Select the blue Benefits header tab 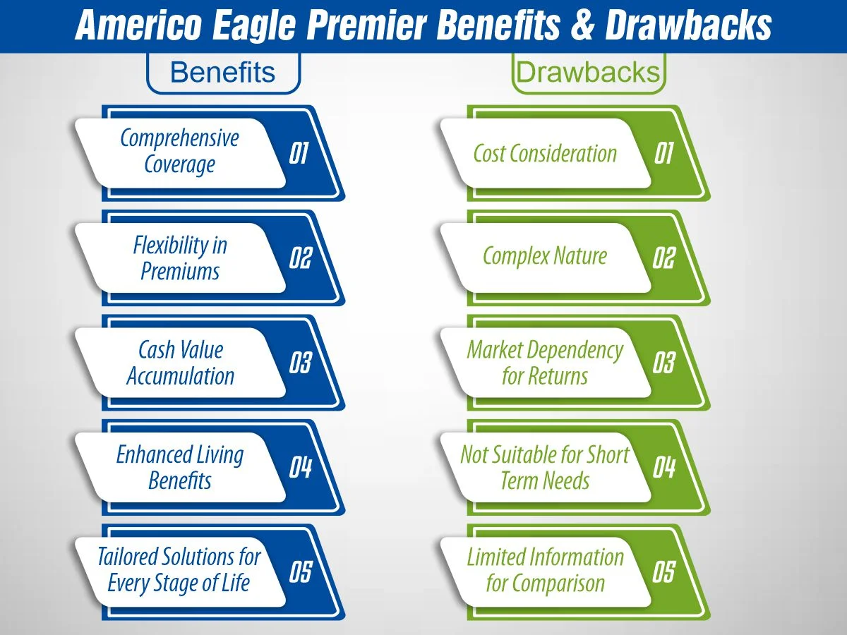coord(223,72)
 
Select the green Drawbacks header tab coord(588,72)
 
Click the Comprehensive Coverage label coord(179,152)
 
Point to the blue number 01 coord(299,153)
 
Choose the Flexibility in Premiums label coord(180,258)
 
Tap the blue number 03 coord(300,363)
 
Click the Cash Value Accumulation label coord(180,363)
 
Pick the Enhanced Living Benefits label coord(180,467)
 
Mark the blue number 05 coord(300,572)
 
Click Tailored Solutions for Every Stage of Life coord(179,570)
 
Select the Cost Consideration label coord(545,153)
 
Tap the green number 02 coord(664,258)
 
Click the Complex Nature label coord(545,256)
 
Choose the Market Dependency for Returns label coord(545,363)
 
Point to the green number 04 coord(664,467)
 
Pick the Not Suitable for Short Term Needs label coord(545,467)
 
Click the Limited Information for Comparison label coord(545,570)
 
